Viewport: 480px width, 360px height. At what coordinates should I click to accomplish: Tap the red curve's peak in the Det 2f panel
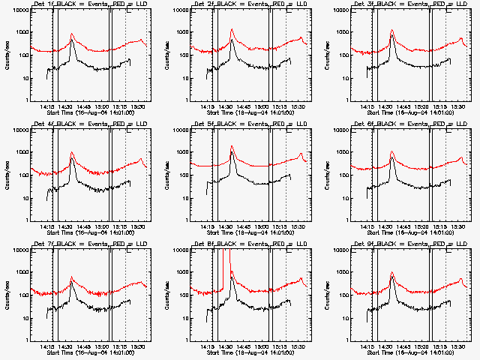tap(232, 30)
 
